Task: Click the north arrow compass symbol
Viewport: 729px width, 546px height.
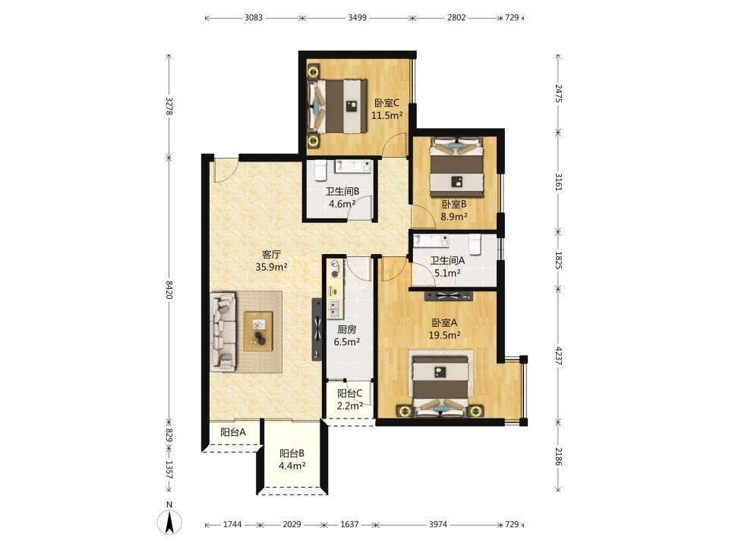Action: tap(169, 521)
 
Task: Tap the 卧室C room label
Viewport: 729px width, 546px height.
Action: tap(387, 102)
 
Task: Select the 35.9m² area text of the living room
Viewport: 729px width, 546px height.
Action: tap(271, 267)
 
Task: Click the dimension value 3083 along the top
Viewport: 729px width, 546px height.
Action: tap(254, 17)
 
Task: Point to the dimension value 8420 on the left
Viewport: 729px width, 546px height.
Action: tap(169, 289)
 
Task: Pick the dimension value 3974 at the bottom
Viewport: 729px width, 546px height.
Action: tap(438, 524)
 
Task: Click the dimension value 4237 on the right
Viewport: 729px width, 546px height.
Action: tap(558, 354)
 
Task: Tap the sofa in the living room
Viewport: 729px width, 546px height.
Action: tap(223, 331)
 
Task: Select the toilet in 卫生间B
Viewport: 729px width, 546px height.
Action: tap(320, 171)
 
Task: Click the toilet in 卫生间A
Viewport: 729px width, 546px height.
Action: tap(474, 245)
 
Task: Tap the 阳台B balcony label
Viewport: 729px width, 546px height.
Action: tap(292, 453)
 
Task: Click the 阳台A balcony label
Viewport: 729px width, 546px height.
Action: tap(233, 432)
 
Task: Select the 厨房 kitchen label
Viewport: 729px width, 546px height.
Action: tap(347, 330)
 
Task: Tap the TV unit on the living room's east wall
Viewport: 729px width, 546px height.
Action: tap(317, 328)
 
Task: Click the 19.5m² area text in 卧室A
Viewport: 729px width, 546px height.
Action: tap(444, 334)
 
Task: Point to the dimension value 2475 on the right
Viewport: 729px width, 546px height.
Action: tap(558, 93)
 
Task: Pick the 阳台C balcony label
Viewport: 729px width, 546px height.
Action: tap(349, 394)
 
